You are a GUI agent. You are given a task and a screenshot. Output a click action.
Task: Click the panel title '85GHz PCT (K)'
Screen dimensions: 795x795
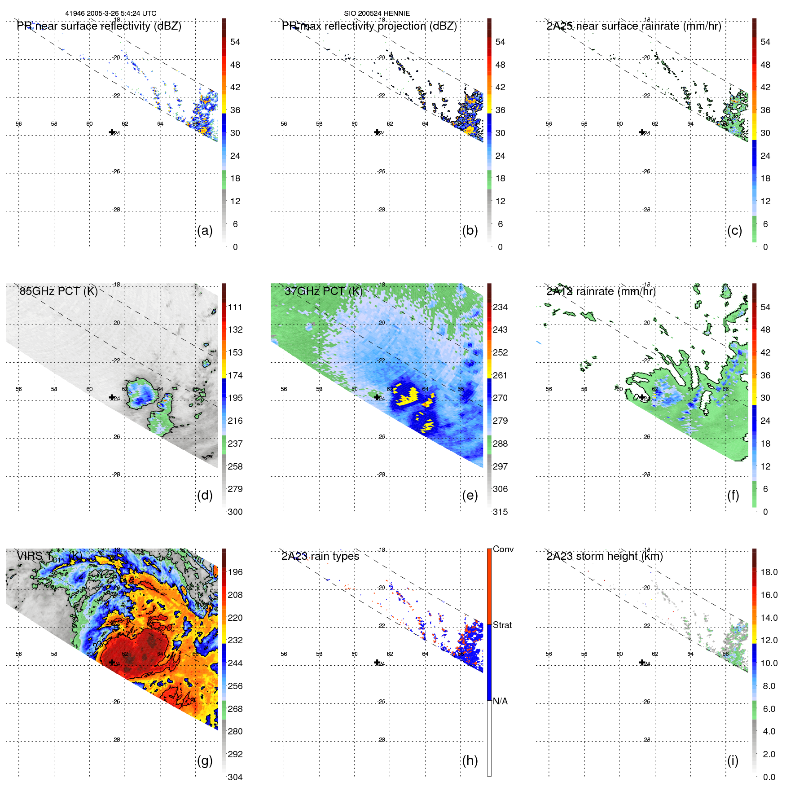pyautogui.click(x=58, y=291)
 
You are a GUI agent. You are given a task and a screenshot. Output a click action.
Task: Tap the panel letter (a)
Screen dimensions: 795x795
pyautogui.click(x=205, y=230)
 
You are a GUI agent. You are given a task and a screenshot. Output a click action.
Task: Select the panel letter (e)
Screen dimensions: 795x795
pyautogui.click(x=470, y=495)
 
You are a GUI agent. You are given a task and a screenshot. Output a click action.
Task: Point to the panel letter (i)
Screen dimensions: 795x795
pyautogui.click(x=733, y=760)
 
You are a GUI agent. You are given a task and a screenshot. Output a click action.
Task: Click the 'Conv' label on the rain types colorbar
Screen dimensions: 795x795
pyautogui.click(x=503, y=549)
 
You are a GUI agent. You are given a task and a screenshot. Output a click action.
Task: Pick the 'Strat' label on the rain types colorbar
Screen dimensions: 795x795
pyautogui.click(x=502, y=625)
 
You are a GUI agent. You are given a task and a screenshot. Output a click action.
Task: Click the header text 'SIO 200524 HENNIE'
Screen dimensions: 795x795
pyautogui.click(x=377, y=13)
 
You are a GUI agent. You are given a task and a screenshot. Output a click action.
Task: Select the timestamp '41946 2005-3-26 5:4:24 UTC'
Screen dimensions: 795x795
pyautogui.click(x=111, y=13)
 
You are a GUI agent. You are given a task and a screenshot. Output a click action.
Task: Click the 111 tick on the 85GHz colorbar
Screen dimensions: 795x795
pyautogui.click(x=235, y=307)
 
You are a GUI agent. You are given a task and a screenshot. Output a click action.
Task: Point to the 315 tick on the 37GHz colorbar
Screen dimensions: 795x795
pyautogui.click(x=500, y=512)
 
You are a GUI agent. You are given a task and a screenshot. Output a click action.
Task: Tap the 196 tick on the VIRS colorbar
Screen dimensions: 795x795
pyautogui.click(x=235, y=572)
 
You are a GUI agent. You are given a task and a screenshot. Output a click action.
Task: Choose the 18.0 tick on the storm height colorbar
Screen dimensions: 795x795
pyautogui.click(x=769, y=572)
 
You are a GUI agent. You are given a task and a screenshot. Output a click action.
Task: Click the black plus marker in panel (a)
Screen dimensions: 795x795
pyautogui.click(x=112, y=132)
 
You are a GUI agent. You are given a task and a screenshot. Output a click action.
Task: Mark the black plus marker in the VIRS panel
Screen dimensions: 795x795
pyautogui.click(x=112, y=662)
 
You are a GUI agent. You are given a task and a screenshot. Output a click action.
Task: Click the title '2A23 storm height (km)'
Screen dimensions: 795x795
pyautogui.click(x=604, y=556)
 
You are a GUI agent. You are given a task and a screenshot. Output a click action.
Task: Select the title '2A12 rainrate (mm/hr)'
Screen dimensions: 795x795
pyautogui.click(x=601, y=291)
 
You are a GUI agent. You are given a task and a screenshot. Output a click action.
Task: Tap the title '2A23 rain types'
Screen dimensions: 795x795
pyautogui.click(x=320, y=556)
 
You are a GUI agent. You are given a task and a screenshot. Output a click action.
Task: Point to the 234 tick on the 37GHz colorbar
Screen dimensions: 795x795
pyautogui.click(x=500, y=307)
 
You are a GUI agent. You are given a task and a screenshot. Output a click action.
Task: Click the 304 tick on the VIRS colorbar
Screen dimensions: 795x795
pyautogui.click(x=235, y=777)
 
